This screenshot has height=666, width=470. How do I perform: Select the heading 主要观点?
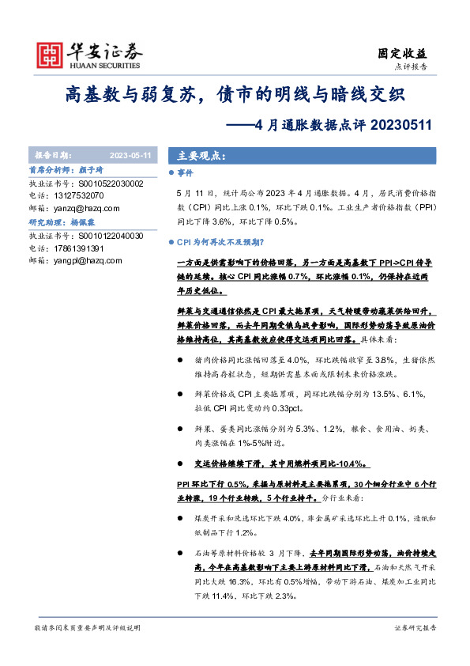coord(196,156)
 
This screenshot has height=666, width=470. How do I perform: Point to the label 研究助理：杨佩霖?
coord(62,223)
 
